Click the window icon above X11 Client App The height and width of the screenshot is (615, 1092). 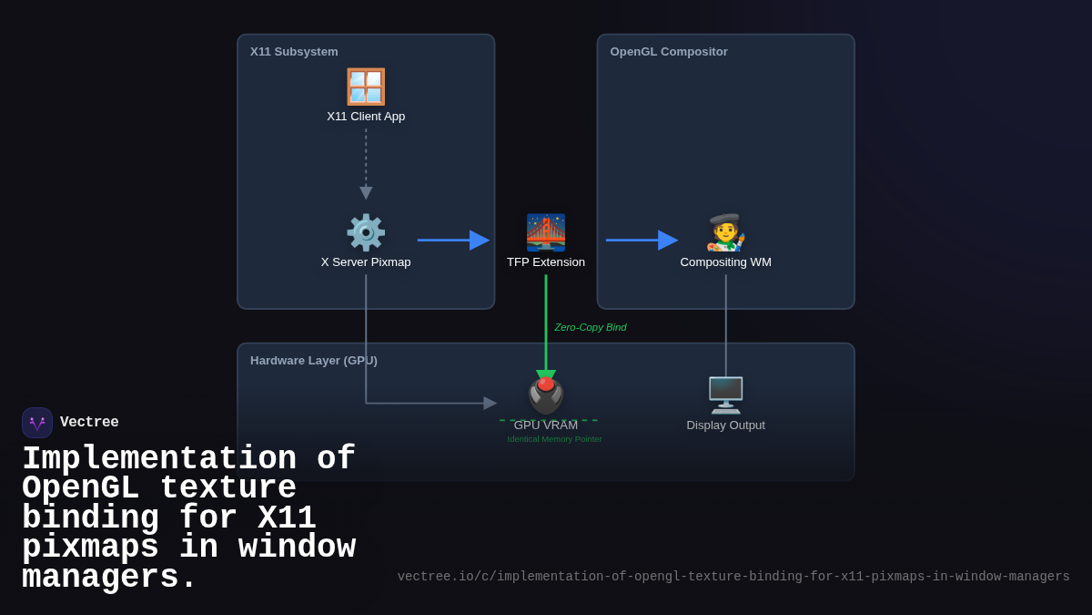366,87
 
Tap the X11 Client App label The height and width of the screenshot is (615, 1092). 366,117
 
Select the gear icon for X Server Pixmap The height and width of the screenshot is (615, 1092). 366,232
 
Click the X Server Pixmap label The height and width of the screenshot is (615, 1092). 366,262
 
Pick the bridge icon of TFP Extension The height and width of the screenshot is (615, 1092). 546,232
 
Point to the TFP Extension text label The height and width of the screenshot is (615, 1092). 546,262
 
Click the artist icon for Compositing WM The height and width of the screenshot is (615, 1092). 726,232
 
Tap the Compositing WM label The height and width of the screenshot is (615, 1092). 726,262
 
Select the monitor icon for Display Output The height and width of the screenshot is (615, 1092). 726,395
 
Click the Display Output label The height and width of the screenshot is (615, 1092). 726,425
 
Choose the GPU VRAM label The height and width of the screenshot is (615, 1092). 546,425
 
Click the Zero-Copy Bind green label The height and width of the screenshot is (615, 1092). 591,327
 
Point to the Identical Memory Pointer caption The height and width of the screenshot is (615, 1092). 554,439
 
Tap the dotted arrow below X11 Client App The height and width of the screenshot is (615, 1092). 366,164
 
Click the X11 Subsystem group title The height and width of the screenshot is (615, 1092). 294,52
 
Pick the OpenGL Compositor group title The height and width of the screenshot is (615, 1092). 669,52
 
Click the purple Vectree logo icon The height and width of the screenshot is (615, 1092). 37,423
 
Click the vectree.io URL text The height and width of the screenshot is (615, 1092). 733,577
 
